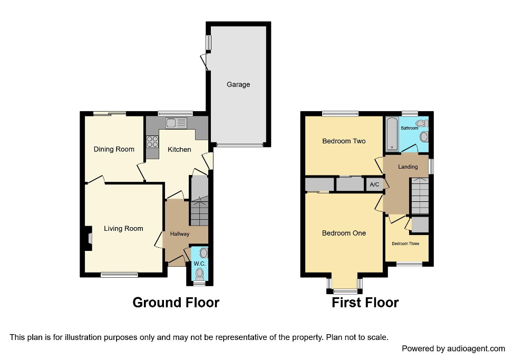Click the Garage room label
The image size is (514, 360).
tap(238, 84)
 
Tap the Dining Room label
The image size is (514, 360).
tap(114, 149)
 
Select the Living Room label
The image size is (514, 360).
tap(123, 228)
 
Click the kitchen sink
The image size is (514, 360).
tap(176, 123)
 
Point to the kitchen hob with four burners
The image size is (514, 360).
tap(152, 141)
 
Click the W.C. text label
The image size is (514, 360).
tap(199, 264)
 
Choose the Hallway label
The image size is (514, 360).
tap(179, 234)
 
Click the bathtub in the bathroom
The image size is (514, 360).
tap(392, 134)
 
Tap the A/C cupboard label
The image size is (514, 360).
tap(374, 184)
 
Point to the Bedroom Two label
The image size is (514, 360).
tap(344, 141)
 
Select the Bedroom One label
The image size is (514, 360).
tap(344, 233)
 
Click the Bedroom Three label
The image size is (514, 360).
tap(405, 244)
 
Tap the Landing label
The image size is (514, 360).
tap(408, 167)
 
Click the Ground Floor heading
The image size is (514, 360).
tap(176, 303)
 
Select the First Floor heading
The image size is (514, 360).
tap(365, 303)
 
